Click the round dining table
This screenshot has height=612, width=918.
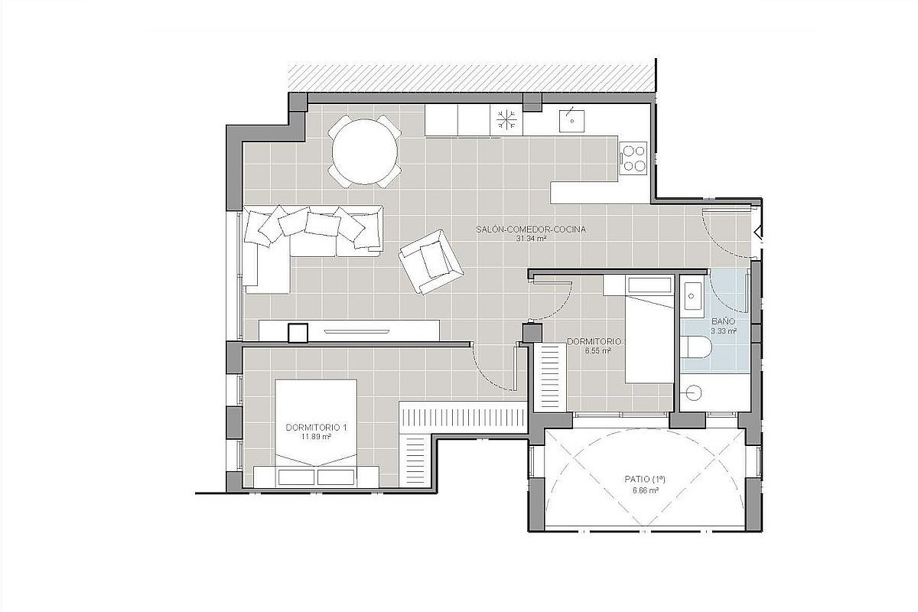pos(364,151)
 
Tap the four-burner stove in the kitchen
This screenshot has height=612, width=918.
pos(633,158)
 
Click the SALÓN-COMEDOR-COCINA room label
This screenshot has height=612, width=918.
pos(531,229)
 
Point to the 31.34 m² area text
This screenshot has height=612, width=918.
pos(531,239)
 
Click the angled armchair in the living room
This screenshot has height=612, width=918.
pos(431,261)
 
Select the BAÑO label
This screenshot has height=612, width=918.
pos(724,322)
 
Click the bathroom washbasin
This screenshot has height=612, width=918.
pos(692,296)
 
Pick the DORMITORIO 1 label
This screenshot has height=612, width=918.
pos(317,428)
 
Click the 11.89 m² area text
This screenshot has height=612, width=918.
pos(317,437)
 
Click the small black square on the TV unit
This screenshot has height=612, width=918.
pos(298,333)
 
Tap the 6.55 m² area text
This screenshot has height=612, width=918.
pos(598,351)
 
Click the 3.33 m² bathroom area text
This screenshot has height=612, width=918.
pos(724,331)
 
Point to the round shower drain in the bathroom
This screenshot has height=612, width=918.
pos(692,393)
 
